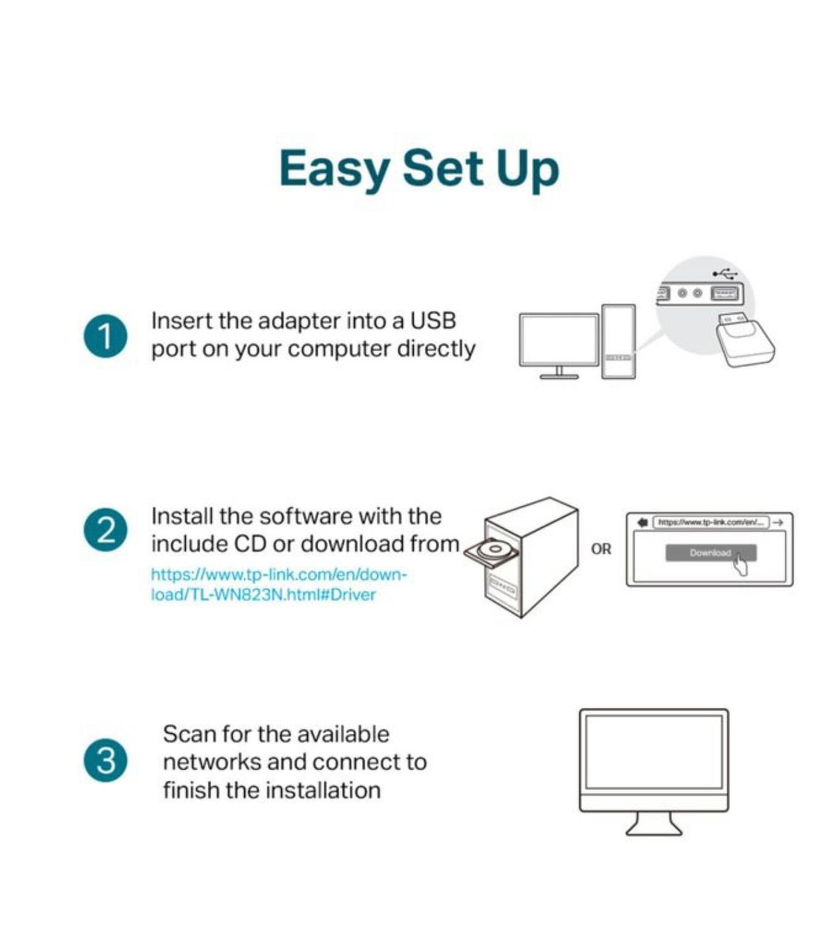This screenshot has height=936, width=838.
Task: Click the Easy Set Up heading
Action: click(419, 169)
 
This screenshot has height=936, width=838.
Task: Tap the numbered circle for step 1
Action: click(106, 336)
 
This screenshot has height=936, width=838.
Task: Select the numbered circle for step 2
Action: click(106, 530)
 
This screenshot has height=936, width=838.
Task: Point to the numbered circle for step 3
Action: click(106, 760)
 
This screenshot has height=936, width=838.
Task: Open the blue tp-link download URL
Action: click(279, 585)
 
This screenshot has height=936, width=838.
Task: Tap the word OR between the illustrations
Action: click(601, 549)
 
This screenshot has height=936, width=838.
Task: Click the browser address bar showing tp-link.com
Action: click(711, 523)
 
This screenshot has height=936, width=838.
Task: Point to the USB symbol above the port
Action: click(725, 273)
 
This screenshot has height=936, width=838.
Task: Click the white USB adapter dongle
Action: click(744, 339)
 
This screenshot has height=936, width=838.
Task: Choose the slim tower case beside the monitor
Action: click(619, 341)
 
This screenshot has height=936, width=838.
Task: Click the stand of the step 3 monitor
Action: click(654, 823)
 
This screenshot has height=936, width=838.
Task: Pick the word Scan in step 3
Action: click(189, 734)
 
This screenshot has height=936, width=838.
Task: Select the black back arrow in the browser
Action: click(643, 523)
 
